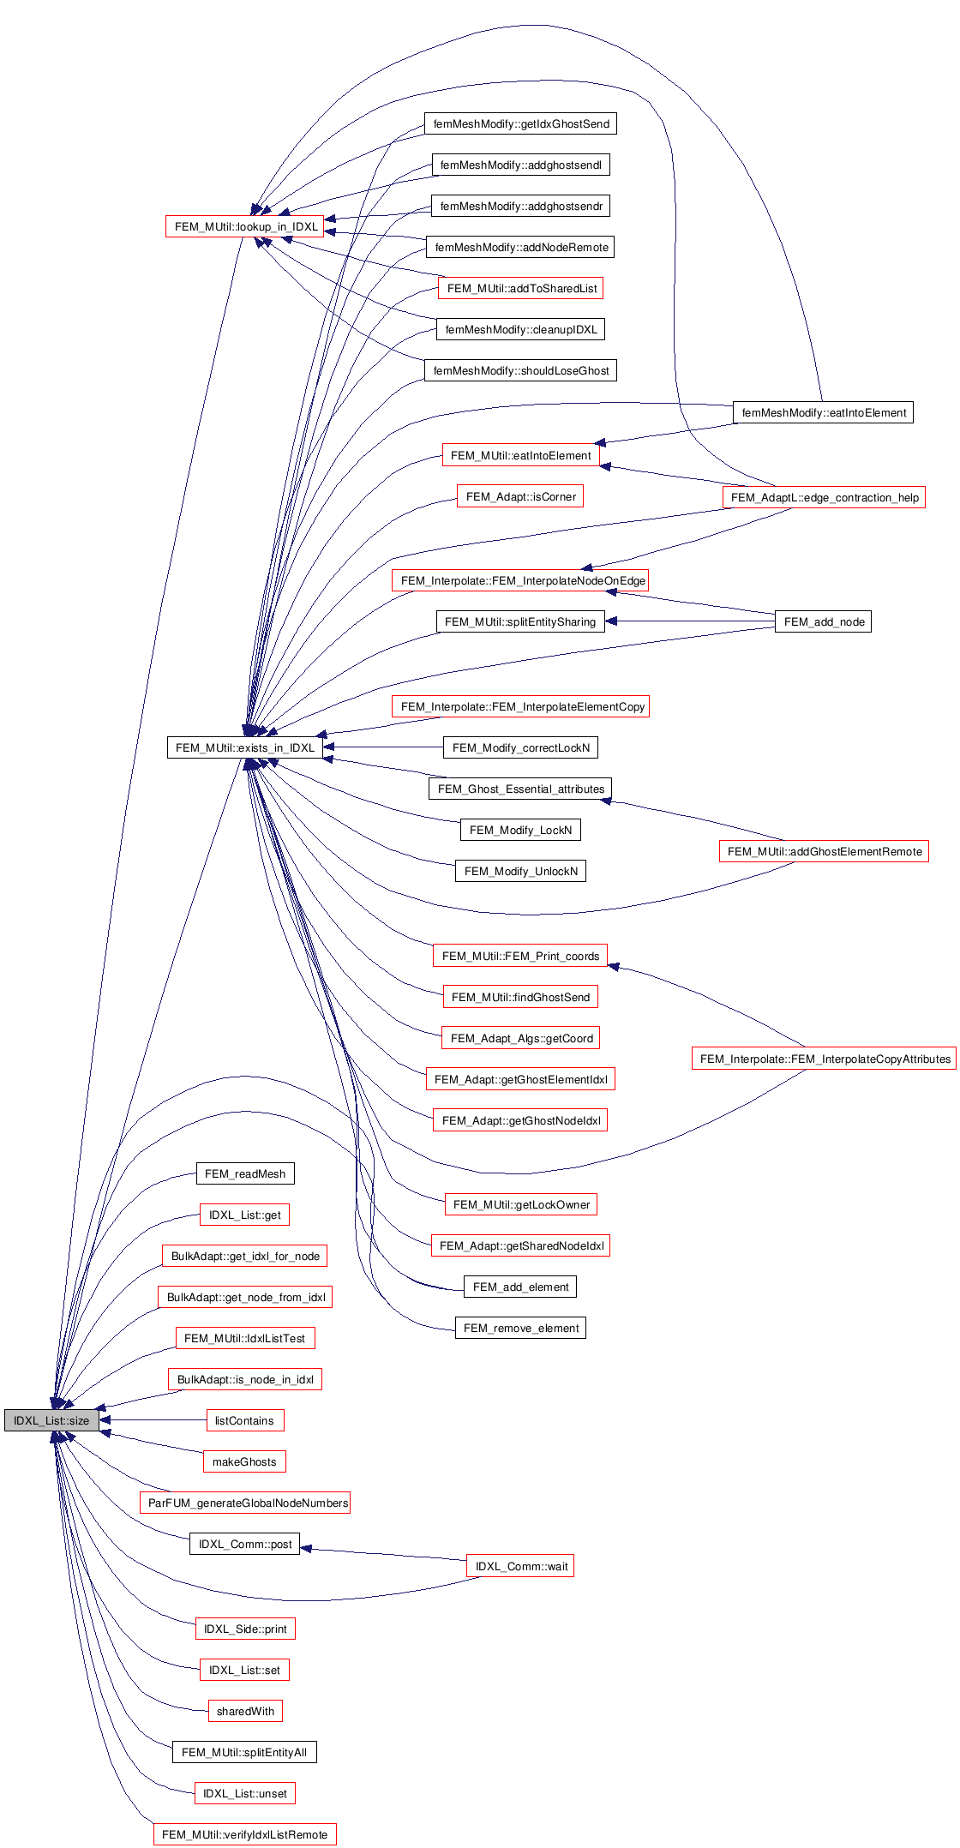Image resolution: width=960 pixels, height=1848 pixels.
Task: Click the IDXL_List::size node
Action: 51,1420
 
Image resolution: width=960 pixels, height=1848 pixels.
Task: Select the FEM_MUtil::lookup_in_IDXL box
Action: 245,226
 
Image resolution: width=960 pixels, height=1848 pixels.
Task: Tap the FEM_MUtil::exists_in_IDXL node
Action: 244,747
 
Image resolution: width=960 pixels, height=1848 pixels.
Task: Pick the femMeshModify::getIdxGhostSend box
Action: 520,123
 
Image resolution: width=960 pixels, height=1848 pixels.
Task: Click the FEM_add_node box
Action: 823,621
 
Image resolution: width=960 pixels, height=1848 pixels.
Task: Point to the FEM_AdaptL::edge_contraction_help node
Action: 824,497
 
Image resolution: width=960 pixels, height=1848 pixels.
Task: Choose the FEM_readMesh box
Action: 245,1173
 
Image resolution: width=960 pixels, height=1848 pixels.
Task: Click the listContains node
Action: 244,1420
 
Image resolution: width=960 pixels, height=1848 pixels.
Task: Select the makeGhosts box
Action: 244,1461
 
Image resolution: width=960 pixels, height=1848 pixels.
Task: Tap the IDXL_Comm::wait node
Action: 520,1566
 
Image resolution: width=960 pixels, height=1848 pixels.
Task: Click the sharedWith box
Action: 245,1711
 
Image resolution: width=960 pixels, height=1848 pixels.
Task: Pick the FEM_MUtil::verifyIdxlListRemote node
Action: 244,1834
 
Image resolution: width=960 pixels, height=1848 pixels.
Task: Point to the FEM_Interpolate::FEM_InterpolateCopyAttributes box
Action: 824,1059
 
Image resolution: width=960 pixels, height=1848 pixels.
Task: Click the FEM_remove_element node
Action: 520,1328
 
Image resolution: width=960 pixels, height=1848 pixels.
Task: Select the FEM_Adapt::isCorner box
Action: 520,496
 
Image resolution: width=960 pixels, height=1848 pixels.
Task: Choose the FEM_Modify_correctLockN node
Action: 520,747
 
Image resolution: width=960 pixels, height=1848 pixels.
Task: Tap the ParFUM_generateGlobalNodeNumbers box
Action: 245,1503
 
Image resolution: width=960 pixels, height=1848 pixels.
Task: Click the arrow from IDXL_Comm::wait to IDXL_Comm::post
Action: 386,1553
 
